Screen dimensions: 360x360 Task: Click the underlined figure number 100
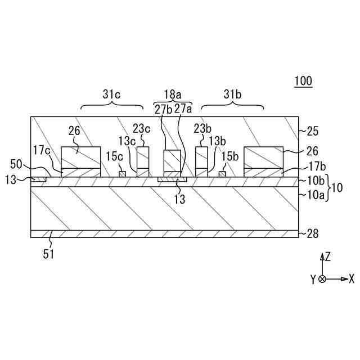[303, 81]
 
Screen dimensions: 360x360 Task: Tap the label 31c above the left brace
[111, 94]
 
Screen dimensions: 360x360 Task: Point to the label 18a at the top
[173, 94]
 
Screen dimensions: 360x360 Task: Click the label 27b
[163, 109]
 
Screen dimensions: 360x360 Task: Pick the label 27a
[183, 109]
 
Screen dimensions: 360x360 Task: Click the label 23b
[203, 128]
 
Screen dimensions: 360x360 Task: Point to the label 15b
[230, 155]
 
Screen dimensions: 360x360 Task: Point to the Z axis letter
[327, 257]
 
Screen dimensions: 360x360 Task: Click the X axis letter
[351, 278]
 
